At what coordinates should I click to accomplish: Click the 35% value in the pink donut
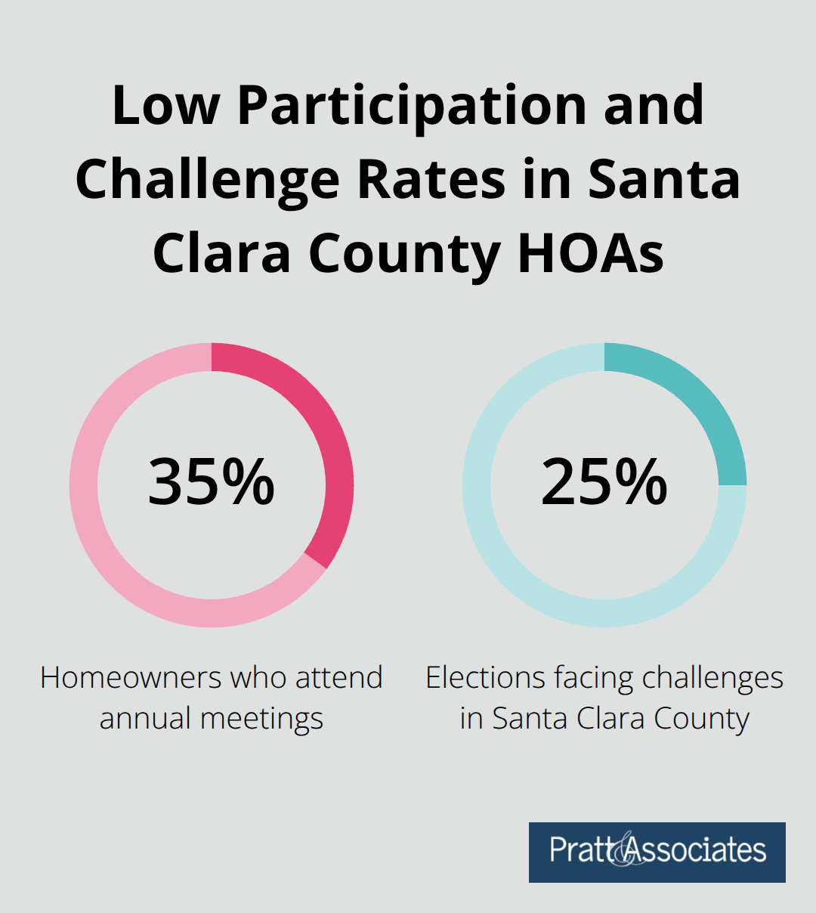tap(211, 482)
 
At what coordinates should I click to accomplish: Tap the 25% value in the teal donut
tap(604, 482)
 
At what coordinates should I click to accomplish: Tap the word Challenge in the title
tap(208, 180)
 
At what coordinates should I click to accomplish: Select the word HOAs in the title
tap(590, 253)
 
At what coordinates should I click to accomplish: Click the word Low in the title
tap(165, 106)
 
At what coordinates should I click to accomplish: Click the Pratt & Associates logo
tap(657, 852)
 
